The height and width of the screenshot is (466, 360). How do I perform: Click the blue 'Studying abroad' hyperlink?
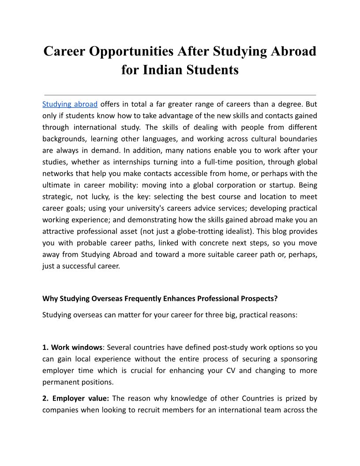tap(70, 105)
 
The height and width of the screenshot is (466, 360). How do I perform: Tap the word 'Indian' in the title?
tap(168, 70)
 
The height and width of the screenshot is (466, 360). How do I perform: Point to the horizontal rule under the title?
tap(180, 95)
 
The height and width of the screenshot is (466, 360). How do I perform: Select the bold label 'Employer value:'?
tap(81, 398)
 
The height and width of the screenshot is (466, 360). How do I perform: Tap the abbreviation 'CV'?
tap(230, 370)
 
